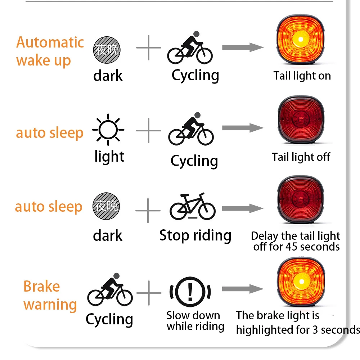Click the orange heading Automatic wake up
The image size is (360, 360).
click(x=50, y=51)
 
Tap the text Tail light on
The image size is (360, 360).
click(x=302, y=76)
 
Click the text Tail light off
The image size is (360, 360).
click(x=301, y=157)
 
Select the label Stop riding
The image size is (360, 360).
click(x=195, y=235)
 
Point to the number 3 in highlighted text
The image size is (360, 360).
click(x=315, y=330)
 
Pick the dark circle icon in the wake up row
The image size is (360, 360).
click(x=107, y=50)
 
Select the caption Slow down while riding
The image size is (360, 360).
click(x=195, y=321)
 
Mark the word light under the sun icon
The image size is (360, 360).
click(x=109, y=157)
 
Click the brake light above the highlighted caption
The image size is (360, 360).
click(x=300, y=282)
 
